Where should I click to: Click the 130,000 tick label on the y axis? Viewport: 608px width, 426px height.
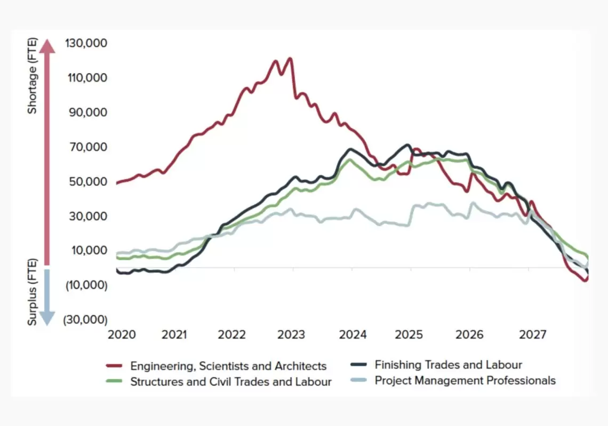(86, 43)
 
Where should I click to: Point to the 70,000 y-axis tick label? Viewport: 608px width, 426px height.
(89, 147)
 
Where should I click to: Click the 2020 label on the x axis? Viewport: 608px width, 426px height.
(122, 334)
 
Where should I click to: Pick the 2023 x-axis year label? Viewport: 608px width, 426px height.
(291, 334)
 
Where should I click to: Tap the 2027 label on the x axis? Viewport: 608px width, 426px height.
(533, 334)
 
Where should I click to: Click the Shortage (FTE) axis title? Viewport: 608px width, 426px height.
(32, 76)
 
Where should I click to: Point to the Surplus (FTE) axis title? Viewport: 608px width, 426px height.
(32, 292)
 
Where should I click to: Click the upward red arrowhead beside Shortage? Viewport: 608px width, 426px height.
(47, 46)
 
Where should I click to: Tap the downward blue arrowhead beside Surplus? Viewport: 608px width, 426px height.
(47, 318)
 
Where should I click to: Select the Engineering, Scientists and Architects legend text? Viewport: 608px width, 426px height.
(228, 366)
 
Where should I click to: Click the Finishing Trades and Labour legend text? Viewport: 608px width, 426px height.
(448, 365)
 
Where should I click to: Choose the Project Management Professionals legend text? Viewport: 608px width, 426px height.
(465, 381)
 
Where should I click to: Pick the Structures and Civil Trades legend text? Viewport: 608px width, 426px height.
(231, 382)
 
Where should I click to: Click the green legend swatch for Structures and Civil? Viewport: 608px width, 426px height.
(114, 381)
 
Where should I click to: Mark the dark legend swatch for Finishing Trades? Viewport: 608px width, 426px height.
(358, 364)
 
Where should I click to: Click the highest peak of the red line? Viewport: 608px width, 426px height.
(290, 59)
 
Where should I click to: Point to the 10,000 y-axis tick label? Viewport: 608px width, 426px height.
(89, 251)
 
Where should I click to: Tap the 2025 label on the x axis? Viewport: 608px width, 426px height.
(409, 334)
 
